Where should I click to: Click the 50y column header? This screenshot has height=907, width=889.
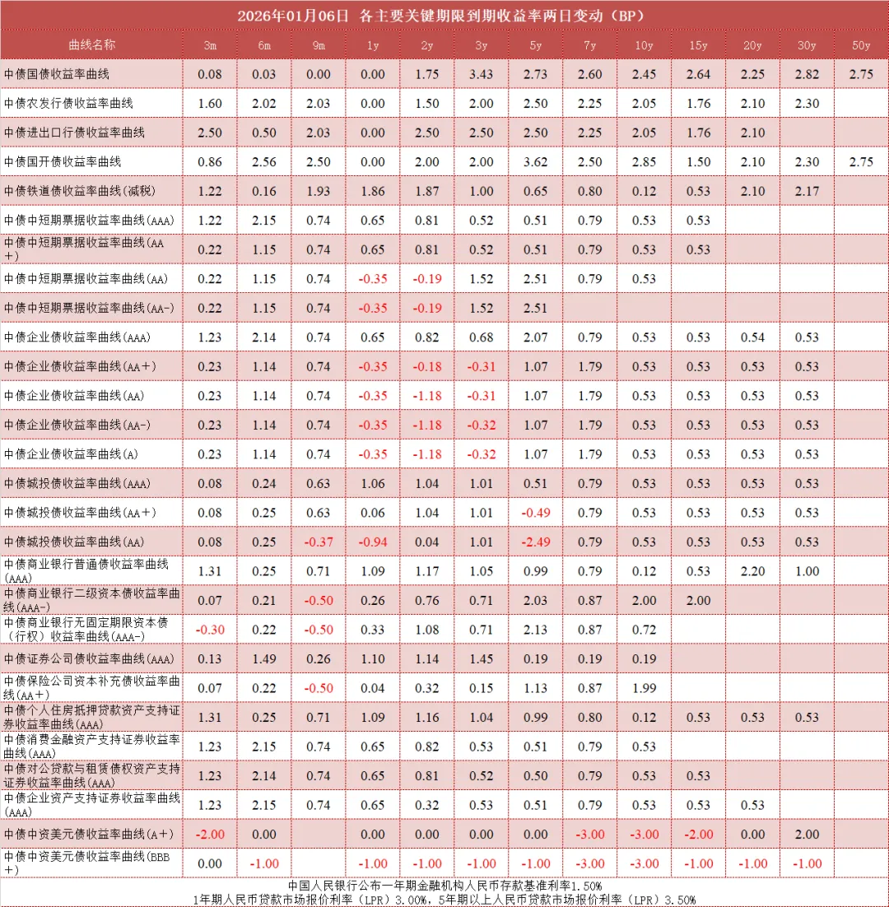pos(861,45)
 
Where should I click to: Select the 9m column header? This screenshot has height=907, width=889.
pos(318,45)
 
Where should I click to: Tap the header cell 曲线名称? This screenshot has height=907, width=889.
pos(91,45)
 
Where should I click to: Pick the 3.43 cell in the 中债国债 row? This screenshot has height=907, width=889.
pos(481,75)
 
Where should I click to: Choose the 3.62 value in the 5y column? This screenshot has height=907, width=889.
pos(535,162)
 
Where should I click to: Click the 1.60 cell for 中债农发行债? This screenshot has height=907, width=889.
pos(210,104)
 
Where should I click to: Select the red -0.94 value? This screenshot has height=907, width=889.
pos(372,542)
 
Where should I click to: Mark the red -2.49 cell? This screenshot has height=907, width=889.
pos(535,542)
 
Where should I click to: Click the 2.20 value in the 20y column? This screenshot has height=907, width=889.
pos(752,571)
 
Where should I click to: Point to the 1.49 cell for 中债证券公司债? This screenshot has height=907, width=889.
pos(264,658)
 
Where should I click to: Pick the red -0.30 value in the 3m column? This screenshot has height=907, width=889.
pos(210,630)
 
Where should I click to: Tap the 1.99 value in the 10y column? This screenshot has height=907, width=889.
pos(645,688)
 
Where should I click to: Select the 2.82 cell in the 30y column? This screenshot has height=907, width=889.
pos(807,75)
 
